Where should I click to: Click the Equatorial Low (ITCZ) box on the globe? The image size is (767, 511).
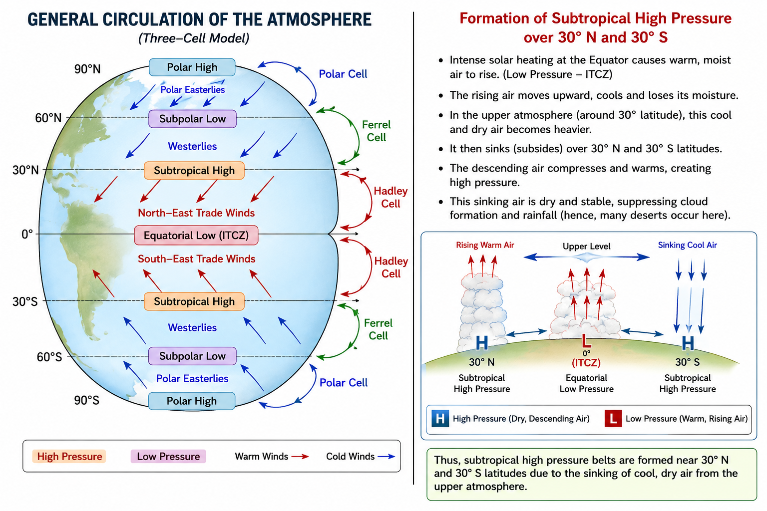point(196,235)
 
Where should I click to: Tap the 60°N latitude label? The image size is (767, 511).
point(48,118)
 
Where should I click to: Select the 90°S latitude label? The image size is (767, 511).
point(86,400)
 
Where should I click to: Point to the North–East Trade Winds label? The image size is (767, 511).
point(196,213)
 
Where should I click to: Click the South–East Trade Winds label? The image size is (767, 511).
point(197,259)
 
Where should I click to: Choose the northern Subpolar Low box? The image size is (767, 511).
point(192,119)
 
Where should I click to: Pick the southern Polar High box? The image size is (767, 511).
point(192,401)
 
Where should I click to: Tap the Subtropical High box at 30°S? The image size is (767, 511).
point(194,301)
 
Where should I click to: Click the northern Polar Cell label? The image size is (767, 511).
point(343,74)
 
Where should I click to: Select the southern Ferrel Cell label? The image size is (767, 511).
point(378,329)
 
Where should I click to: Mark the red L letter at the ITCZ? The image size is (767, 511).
point(586,341)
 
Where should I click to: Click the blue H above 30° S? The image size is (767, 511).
point(688,343)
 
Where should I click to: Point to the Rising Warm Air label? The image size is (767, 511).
point(485,245)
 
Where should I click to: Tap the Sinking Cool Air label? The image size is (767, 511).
point(687,245)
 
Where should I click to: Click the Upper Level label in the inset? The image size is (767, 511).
point(587,246)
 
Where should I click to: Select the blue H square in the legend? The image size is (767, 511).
point(440,419)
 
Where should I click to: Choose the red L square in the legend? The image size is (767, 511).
point(613,419)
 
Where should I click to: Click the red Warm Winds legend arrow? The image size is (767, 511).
point(300,456)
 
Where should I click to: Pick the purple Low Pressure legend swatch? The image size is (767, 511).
point(168,456)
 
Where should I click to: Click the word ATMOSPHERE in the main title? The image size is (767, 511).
point(319,19)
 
